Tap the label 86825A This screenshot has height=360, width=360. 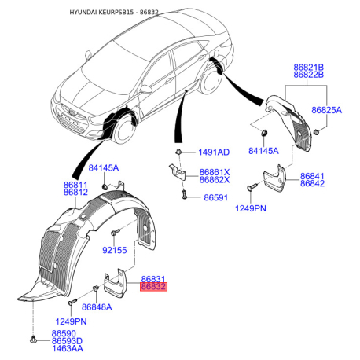[x=328, y=112]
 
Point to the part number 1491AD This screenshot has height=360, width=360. [x=214, y=152]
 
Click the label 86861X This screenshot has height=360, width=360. [x=214, y=172]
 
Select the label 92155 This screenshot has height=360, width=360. [x=115, y=250]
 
